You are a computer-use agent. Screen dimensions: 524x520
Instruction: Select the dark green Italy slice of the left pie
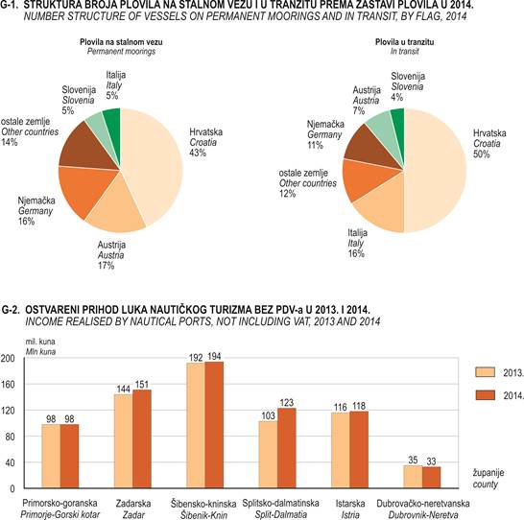pyautogui.click(x=112, y=115)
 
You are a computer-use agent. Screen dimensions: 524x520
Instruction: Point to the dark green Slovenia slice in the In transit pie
pyautogui.click(x=398, y=117)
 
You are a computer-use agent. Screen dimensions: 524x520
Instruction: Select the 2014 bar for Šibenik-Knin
pyautogui.click(x=214, y=425)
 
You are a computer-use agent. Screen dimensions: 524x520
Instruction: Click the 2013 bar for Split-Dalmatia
pyautogui.click(x=268, y=455)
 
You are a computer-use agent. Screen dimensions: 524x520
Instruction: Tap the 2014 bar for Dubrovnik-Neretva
pyautogui.click(x=432, y=478)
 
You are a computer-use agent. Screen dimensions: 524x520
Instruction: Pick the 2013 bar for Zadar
pyautogui.click(x=123, y=441)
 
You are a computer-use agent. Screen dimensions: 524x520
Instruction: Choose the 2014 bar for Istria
pyautogui.click(x=359, y=450)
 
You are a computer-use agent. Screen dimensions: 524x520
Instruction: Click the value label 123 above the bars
pyautogui.click(x=287, y=402)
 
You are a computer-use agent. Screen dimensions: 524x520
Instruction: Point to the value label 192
pyautogui.click(x=196, y=358)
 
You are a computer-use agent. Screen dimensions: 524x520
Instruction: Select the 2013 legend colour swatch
pyautogui.click(x=485, y=372)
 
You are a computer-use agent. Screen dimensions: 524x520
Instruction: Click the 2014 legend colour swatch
pyautogui.click(x=485, y=395)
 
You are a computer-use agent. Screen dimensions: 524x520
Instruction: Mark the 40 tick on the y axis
pyautogui.click(x=10, y=462)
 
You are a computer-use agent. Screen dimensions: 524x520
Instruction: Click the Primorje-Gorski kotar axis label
pyautogui.click(x=60, y=514)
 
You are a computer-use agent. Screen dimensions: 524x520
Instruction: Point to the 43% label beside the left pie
pyautogui.click(x=198, y=153)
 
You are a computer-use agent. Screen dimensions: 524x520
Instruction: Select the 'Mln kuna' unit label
pyautogui.click(x=40, y=352)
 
